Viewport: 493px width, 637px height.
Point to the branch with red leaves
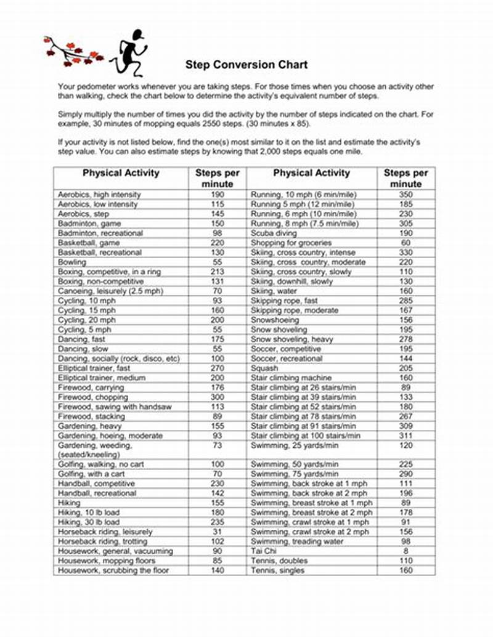pyautogui.click(x=73, y=51)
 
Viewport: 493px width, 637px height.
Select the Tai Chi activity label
pyautogui.click(x=264, y=551)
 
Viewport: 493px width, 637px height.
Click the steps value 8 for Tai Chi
pyautogui.click(x=406, y=551)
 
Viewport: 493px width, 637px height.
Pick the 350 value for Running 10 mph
pyautogui.click(x=406, y=195)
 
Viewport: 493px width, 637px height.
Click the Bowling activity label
pyautogui.click(x=73, y=262)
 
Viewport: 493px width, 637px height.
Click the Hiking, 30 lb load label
pyautogui.click(x=89, y=522)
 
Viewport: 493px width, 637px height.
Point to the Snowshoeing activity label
pyautogui.click(x=275, y=320)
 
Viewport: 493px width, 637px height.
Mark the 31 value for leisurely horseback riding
pyautogui.click(x=217, y=532)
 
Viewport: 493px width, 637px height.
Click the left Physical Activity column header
pyautogui.click(x=121, y=173)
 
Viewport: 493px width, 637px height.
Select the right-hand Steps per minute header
pyautogui.click(x=406, y=178)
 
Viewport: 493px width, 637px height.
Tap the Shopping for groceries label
pyautogui.click(x=291, y=243)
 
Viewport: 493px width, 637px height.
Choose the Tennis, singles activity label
pyautogui.click(x=277, y=570)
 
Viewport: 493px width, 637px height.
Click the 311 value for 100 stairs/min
pyautogui.click(x=406, y=436)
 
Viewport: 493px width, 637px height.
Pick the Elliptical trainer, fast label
pyautogui.click(x=94, y=368)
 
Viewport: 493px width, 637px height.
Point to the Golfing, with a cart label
pyautogui.click(x=91, y=474)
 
